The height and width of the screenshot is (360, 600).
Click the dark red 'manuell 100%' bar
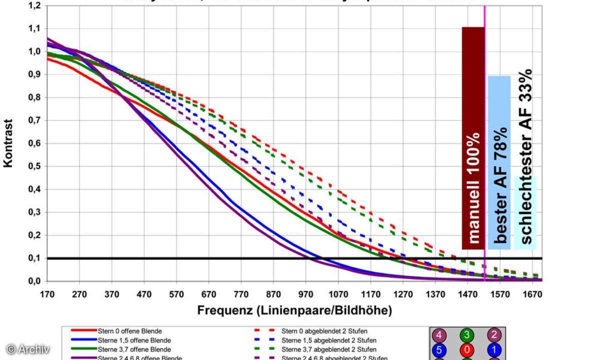click(473, 138)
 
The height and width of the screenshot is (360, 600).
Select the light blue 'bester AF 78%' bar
click(499, 162)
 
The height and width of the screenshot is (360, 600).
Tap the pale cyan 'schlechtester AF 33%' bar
click(525, 212)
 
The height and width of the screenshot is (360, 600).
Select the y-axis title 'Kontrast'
click(8, 143)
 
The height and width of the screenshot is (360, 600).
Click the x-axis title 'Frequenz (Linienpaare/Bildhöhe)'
click(294, 310)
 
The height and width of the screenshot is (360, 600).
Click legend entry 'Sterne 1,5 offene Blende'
click(133, 340)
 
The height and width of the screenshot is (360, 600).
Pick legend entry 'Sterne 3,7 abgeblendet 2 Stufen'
click(329, 349)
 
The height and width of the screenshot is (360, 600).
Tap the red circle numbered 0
click(466, 349)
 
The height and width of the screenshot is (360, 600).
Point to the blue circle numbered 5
click(439, 349)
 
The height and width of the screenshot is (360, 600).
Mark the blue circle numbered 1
click(494, 349)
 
